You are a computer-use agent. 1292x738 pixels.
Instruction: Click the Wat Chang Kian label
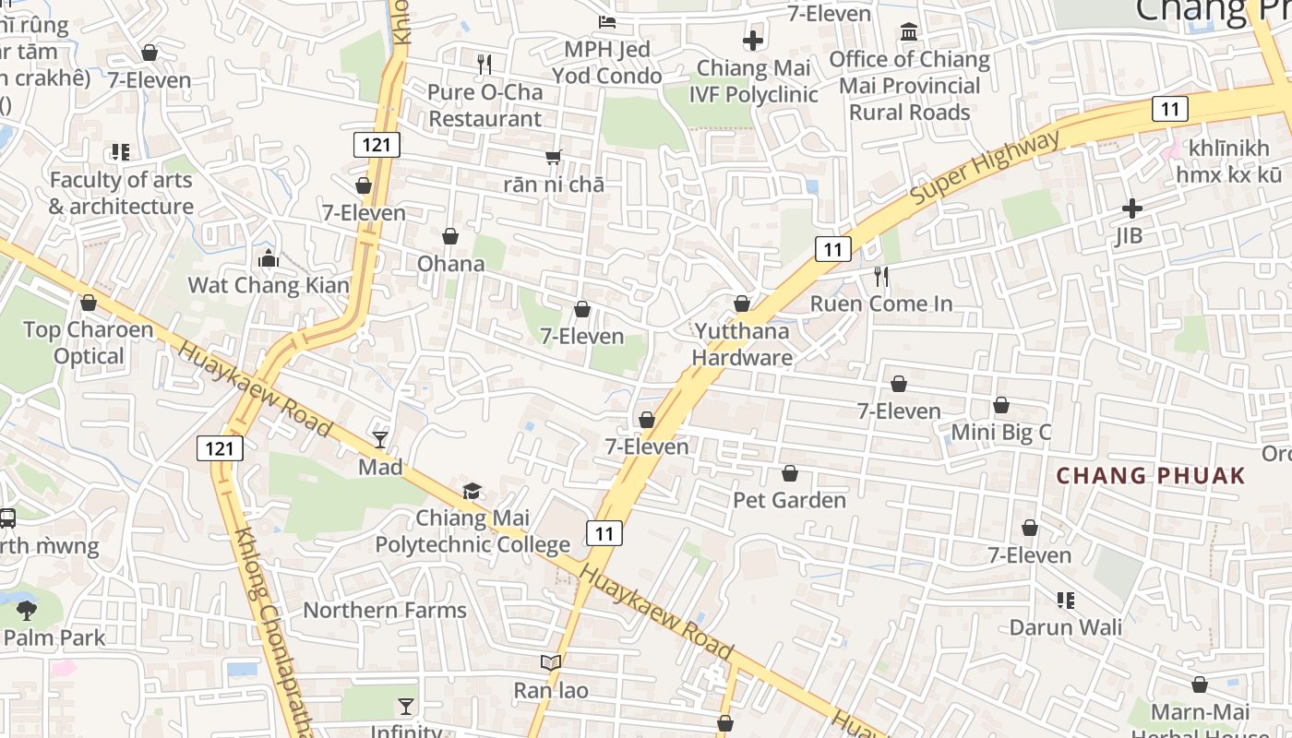click(x=269, y=285)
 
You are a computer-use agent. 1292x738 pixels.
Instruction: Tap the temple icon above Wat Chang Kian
click(x=269, y=258)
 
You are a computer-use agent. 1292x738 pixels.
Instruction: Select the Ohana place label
click(x=450, y=264)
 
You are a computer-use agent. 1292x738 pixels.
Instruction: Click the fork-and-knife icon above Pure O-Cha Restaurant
click(x=484, y=64)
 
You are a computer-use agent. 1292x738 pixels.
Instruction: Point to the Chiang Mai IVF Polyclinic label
click(x=753, y=81)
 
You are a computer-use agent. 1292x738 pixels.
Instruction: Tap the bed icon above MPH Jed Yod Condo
click(x=606, y=21)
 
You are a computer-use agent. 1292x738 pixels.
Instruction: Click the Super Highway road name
click(x=986, y=169)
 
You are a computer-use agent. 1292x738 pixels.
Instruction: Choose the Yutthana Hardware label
click(x=742, y=344)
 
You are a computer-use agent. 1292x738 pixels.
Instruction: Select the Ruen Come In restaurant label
click(x=881, y=304)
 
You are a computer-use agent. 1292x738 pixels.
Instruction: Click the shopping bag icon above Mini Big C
click(x=1001, y=405)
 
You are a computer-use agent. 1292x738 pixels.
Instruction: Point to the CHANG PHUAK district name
click(x=1151, y=476)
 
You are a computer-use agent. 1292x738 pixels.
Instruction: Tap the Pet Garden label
click(x=789, y=500)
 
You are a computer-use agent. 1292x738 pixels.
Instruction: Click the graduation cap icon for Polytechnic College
click(x=472, y=491)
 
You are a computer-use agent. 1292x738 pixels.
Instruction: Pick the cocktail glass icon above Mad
click(x=380, y=439)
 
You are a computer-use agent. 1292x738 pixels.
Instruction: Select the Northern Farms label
click(x=385, y=610)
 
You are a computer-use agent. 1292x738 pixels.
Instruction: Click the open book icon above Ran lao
click(x=551, y=662)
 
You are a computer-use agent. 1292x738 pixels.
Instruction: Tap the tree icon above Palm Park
click(x=27, y=609)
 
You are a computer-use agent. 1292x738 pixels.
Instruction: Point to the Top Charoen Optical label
click(x=88, y=342)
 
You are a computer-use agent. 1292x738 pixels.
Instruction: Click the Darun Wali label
click(x=1065, y=627)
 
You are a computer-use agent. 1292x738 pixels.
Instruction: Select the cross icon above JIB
click(x=1131, y=208)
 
